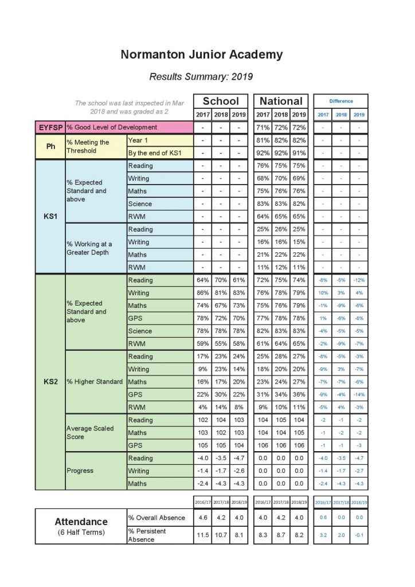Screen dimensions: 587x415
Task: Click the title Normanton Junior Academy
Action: (202, 55)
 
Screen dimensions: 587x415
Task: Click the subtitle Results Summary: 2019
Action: (201, 76)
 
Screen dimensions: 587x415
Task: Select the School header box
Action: (221, 101)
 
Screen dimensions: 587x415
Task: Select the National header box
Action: (281, 101)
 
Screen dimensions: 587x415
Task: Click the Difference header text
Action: (340, 101)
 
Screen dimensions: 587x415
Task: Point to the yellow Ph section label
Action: (50, 147)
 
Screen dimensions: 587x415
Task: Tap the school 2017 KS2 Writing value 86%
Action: (203, 293)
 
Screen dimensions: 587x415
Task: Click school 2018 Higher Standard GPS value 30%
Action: (221, 394)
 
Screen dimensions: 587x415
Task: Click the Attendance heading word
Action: (81, 522)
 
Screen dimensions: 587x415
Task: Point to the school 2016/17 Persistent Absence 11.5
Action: (203, 535)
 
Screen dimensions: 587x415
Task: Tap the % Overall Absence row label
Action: (156, 518)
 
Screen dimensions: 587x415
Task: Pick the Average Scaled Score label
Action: (91, 432)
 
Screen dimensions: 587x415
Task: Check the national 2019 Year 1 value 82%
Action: (299, 140)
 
